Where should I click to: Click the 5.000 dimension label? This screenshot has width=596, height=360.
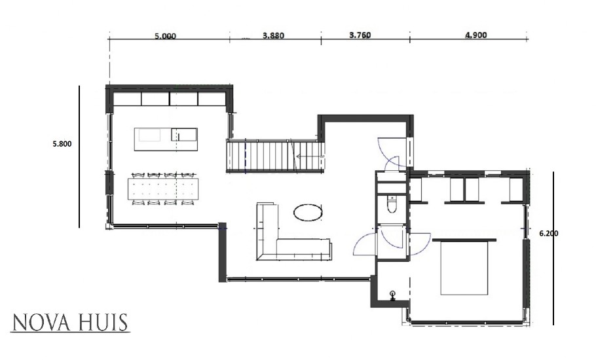click(165, 37)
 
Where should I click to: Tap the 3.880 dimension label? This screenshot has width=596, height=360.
click(273, 36)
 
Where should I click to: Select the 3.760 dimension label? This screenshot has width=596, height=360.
click(360, 35)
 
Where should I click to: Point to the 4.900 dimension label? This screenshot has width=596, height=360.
click(476, 35)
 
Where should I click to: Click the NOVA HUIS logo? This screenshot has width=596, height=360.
click(71, 323)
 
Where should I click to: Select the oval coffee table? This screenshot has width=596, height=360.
click(308, 211)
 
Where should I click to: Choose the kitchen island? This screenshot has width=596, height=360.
click(165, 135)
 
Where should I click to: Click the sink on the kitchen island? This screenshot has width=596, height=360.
click(183, 135)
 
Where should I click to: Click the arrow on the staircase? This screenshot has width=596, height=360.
click(305, 156)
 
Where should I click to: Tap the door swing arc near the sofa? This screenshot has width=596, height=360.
click(364, 243)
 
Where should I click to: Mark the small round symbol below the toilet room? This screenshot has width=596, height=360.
click(393, 295)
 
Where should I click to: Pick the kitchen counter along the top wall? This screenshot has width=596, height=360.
click(170, 98)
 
